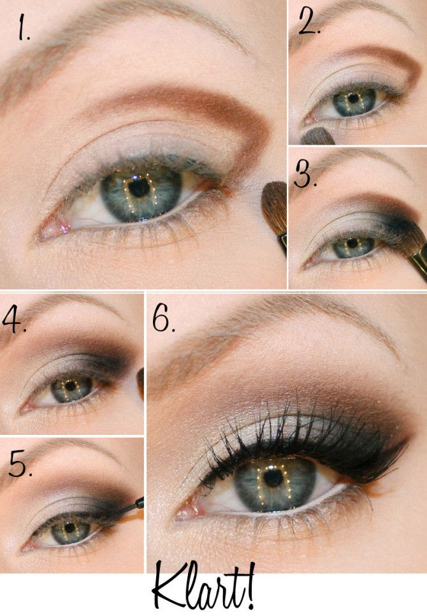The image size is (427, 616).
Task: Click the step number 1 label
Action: click(23, 27)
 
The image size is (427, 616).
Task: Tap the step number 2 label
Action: click(308, 20)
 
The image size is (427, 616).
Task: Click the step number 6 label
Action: click(163, 318)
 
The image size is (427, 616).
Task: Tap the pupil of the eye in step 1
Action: click(139, 187)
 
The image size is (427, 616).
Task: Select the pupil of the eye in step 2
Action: click(353, 98)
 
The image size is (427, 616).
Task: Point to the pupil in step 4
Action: click(70, 386)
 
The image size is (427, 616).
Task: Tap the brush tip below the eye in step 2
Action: click(317, 136)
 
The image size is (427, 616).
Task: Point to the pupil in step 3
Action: click(352, 244)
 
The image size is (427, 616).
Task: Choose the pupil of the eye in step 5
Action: click(70, 527)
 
